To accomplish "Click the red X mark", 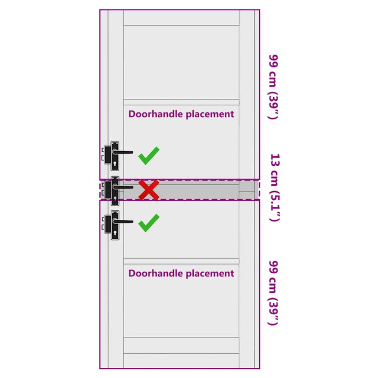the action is (148, 190).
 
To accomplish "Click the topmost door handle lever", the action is (123, 152).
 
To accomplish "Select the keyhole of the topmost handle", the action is (114, 164).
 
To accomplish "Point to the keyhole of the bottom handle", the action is (114, 233).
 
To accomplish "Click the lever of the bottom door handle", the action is (123, 221).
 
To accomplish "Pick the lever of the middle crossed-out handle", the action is (123, 187).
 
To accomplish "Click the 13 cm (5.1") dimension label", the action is (274, 187).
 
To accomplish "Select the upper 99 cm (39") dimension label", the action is (274, 87).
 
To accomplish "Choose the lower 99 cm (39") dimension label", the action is (274, 293).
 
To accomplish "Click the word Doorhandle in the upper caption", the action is (156, 114).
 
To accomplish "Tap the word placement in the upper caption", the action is (210, 114).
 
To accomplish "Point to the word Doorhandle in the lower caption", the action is (156, 273).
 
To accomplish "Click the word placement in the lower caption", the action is (210, 274).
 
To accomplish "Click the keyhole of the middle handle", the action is (115, 199).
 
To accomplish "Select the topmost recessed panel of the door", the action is (181, 62).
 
